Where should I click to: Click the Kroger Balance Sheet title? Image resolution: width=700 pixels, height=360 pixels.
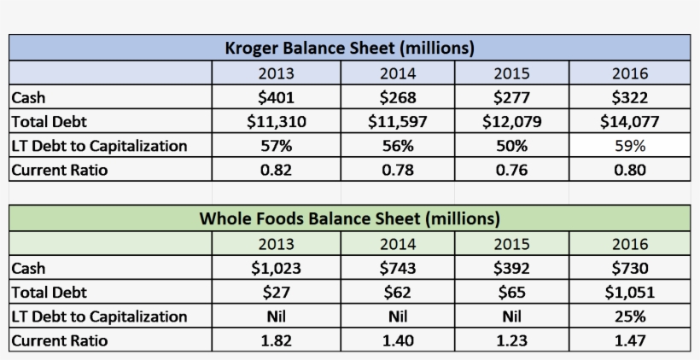(x=349, y=48)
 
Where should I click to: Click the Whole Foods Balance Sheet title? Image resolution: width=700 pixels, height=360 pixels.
(x=349, y=218)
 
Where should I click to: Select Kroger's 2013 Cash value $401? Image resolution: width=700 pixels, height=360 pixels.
(x=276, y=97)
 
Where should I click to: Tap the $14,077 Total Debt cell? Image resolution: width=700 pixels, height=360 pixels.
(x=630, y=121)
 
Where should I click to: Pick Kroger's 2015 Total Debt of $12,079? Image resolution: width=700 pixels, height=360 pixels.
(x=511, y=121)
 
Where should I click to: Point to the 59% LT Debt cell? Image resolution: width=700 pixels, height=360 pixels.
(x=630, y=146)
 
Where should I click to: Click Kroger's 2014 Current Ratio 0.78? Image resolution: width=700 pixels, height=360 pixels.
(x=397, y=170)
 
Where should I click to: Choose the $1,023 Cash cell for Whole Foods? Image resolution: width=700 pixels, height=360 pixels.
(x=276, y=268)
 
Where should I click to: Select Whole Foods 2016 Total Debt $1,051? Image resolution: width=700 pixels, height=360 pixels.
(x=630, y=292)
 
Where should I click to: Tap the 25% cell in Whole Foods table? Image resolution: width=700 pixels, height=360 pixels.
(x=630, y=316)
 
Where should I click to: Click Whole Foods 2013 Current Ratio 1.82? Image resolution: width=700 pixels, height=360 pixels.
(x=276, y=340)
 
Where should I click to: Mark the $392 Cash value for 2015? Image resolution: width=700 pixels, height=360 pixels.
(x=511, y=268)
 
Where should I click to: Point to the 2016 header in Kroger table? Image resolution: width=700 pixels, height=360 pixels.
(x=630, y=73)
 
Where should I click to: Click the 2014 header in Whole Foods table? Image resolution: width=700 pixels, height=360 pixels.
(x=397, y=244)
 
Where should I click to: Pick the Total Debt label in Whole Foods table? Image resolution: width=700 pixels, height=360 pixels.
(x=49, y=292)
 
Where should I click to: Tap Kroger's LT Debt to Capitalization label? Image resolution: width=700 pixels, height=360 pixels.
(x=98, y=146)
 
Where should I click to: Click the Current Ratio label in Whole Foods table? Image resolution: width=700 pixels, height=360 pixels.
(x=59, y=340)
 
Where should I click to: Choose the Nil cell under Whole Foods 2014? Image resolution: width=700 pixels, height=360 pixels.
(x=397, y=316)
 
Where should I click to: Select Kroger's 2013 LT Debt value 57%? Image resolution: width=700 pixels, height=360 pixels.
(x=276, y=146)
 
